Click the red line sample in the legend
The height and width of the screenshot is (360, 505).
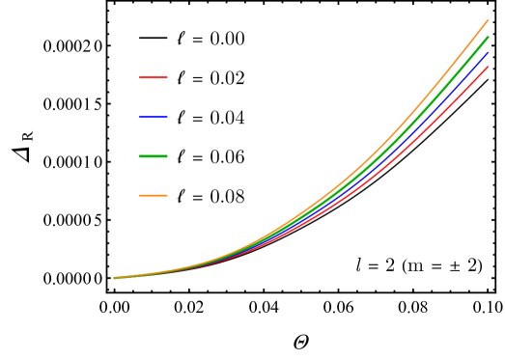click(153, 77)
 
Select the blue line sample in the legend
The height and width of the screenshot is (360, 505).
click(153, 117)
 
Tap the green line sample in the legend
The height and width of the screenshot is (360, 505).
click(153, 155)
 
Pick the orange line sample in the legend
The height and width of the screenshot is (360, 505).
click(153, 195)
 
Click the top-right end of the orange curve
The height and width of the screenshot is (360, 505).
click(489, 19)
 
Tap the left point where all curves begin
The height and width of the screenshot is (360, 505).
click(114, 278)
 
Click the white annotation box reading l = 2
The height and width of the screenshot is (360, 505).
click(418, 264)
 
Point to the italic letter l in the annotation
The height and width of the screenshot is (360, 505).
click(358, 264)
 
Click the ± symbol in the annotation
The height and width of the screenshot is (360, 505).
click(451, 265)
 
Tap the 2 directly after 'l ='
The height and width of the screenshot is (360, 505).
click(389, 265)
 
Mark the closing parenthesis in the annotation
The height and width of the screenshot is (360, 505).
click(479, 265)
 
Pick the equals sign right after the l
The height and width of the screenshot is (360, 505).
click(373, 266)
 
